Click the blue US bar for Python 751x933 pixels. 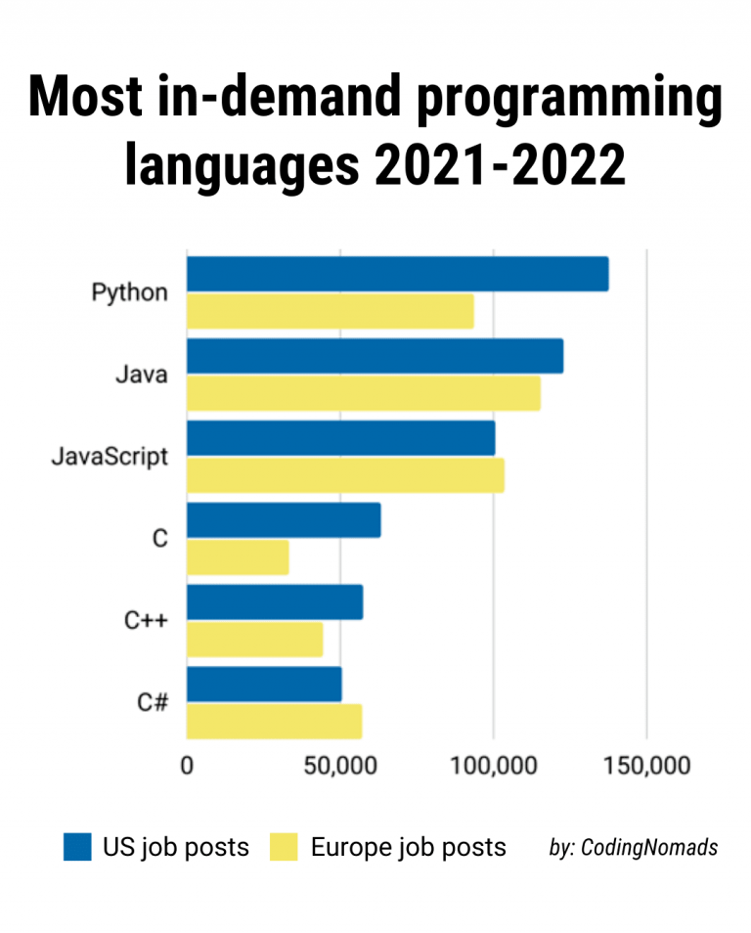[397, 274]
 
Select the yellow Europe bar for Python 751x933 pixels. [330, 311]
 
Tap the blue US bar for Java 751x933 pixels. [375, 356]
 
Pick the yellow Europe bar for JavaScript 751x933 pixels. [345, 475]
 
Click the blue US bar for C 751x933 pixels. [284, 520]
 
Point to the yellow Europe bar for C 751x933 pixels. [238, 557]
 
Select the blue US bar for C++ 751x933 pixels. [275, 602]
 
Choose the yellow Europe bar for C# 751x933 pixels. [274, 722]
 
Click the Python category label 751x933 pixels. [129, 292]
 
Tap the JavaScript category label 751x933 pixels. [110, 457]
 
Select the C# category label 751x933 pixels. [152, 702]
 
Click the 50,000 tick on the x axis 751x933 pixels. [339, 765]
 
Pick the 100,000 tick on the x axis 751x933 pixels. [493, 765]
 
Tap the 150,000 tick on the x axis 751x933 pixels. [645, 765]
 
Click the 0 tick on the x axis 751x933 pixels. [187, 765]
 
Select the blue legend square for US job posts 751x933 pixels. [77, 847]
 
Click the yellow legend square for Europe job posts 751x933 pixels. [284, 847]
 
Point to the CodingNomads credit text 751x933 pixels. [634, 848]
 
